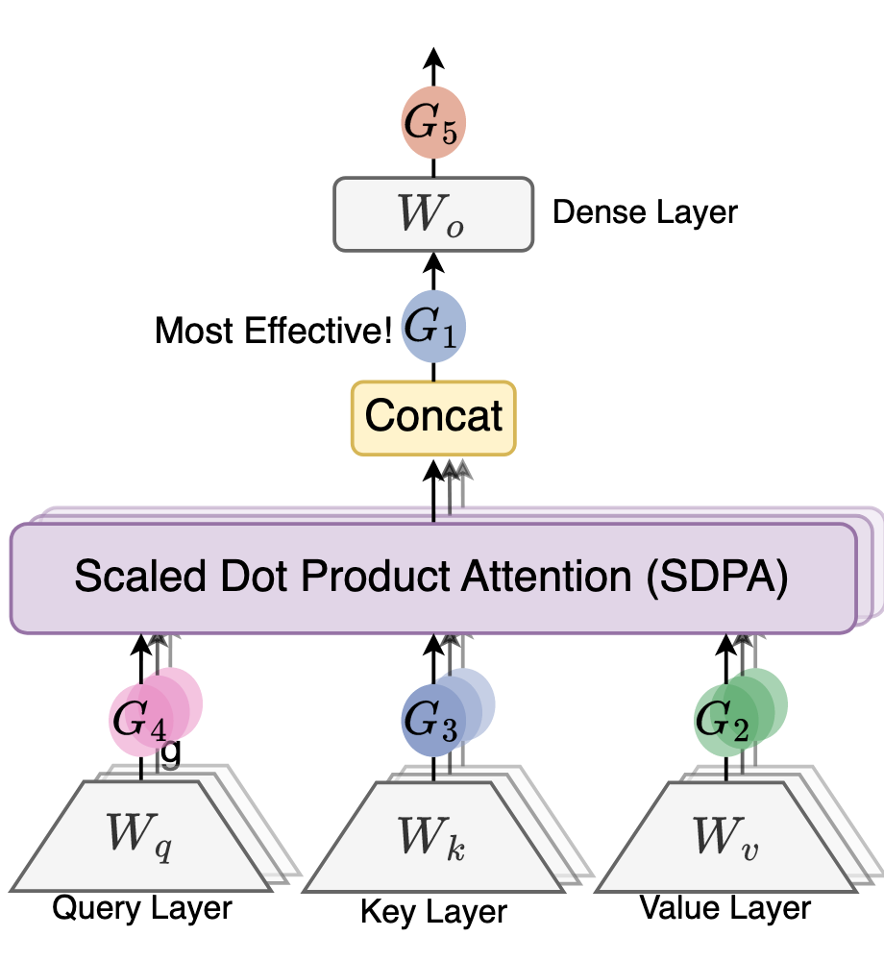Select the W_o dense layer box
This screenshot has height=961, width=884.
click(432, 214)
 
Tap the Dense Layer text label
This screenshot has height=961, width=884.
click(645, 212)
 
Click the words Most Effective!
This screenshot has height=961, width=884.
click(273, 332)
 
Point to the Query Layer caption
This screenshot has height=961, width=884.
click(141, 906)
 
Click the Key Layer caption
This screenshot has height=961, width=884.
click(433, 910)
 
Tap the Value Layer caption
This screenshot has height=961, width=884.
click(725, 906)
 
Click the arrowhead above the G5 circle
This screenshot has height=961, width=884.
click(432, 58)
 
